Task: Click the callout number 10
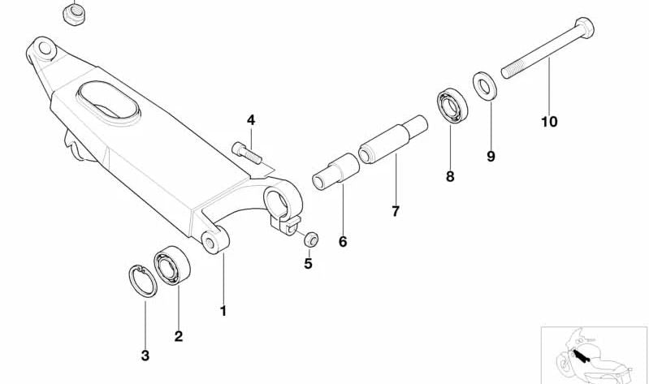coord(549,122)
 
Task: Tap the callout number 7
coord(396,211)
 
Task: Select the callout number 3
coord(145,356)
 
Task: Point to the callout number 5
coord(308,264)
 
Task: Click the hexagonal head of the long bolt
coord(584,28)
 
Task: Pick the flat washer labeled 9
coord(485,86)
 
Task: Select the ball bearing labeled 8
coord(452,105)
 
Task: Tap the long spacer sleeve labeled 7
coord(393,140)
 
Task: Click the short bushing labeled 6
coord(335,171)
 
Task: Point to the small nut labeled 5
coord(311,239)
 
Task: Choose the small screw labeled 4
coord(247,153)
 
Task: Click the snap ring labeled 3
coord(142,281)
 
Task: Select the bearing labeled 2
coord(171,265)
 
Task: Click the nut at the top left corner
coord(75,15)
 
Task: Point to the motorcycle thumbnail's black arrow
coord(580,355)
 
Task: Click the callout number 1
coord(223,311)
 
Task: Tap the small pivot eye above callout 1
coord(214,240)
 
